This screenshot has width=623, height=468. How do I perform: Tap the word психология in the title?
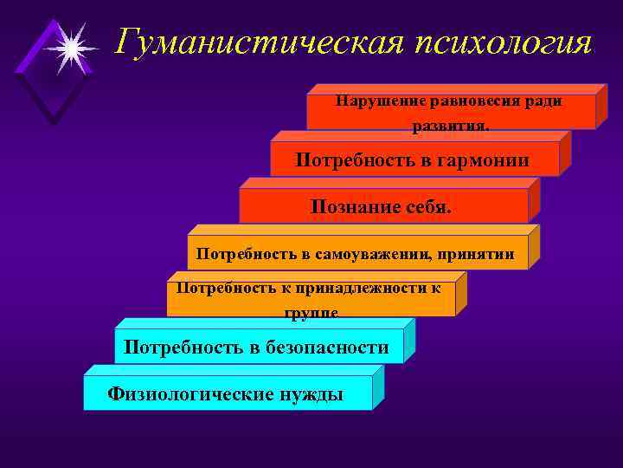(x=491, y=42)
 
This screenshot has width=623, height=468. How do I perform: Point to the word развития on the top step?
(x=450, y=127)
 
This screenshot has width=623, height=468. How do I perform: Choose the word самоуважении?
(x=376, y=254)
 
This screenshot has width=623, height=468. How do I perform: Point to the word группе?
(x=311, y=313)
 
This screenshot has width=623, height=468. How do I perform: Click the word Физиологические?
(x=188, y=394)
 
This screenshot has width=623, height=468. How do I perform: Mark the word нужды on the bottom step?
(x=311, y=394)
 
